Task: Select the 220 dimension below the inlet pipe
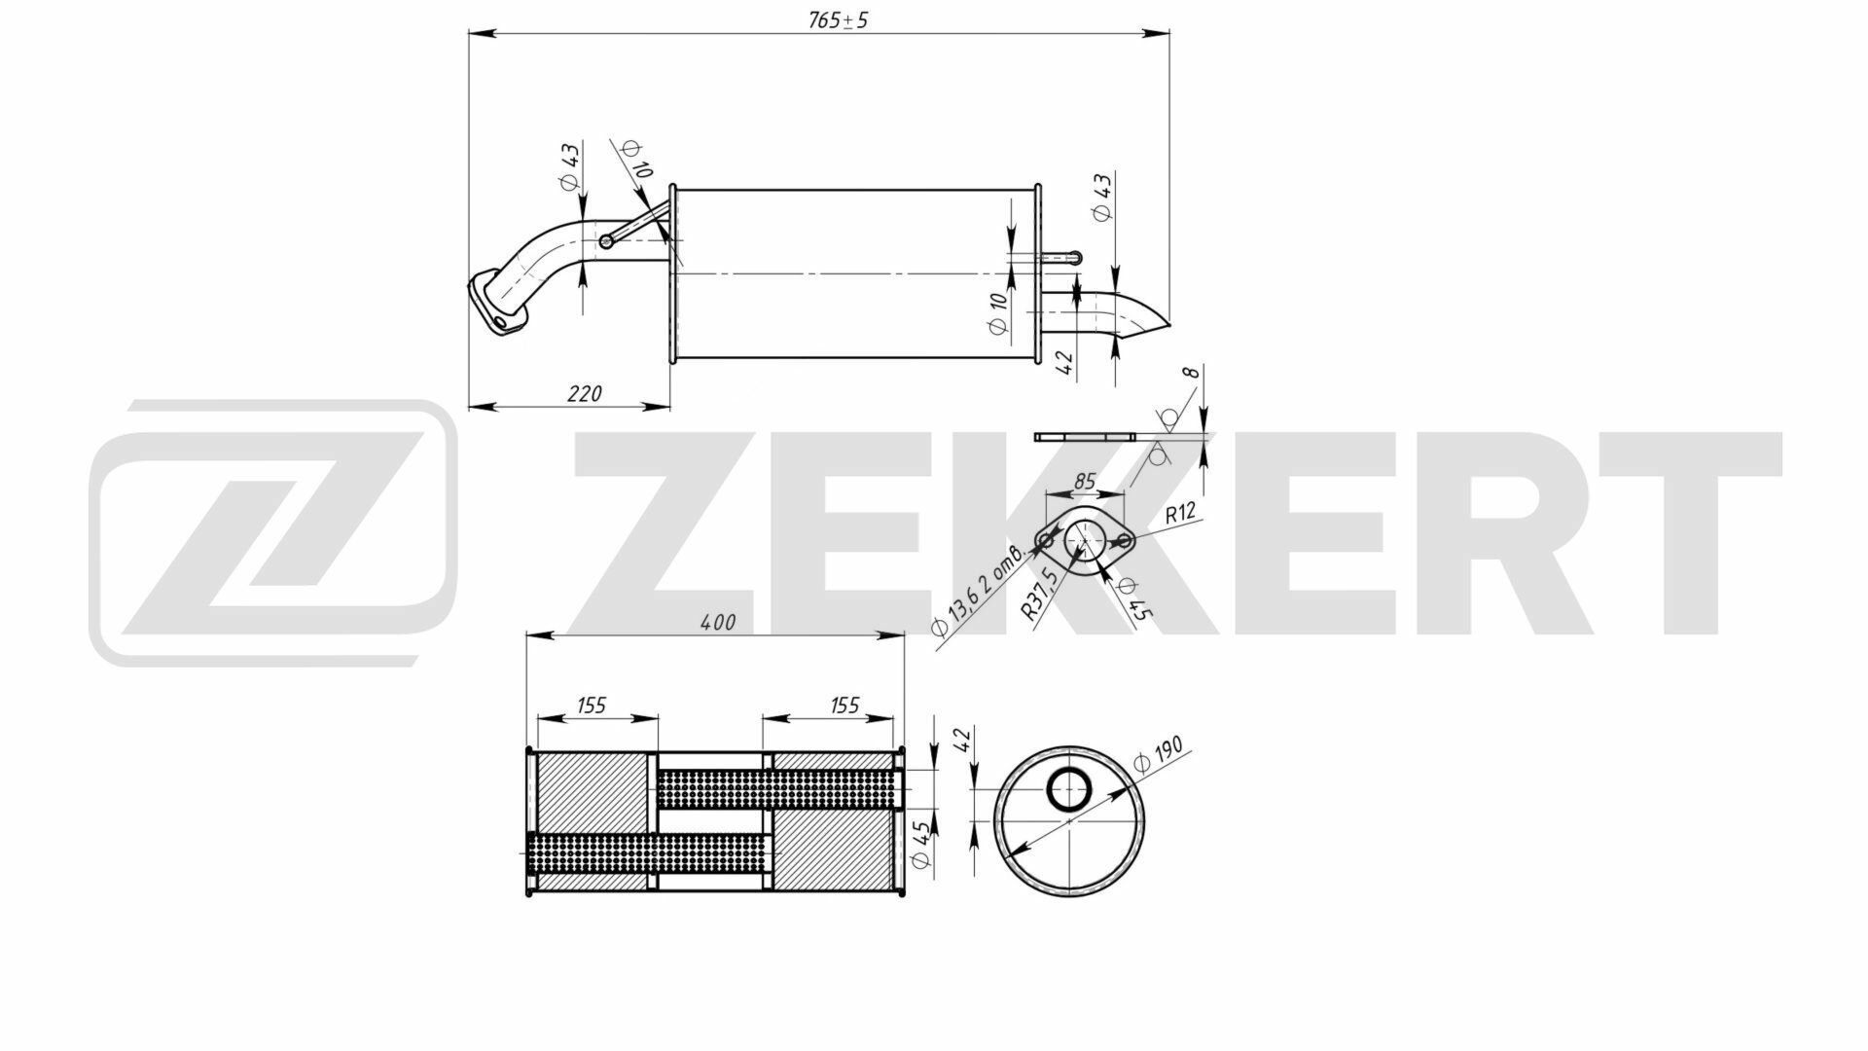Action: [x=584, y=393]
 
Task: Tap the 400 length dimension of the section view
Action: [x=718, y=622]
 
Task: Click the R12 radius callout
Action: [x=1179, y=514]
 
